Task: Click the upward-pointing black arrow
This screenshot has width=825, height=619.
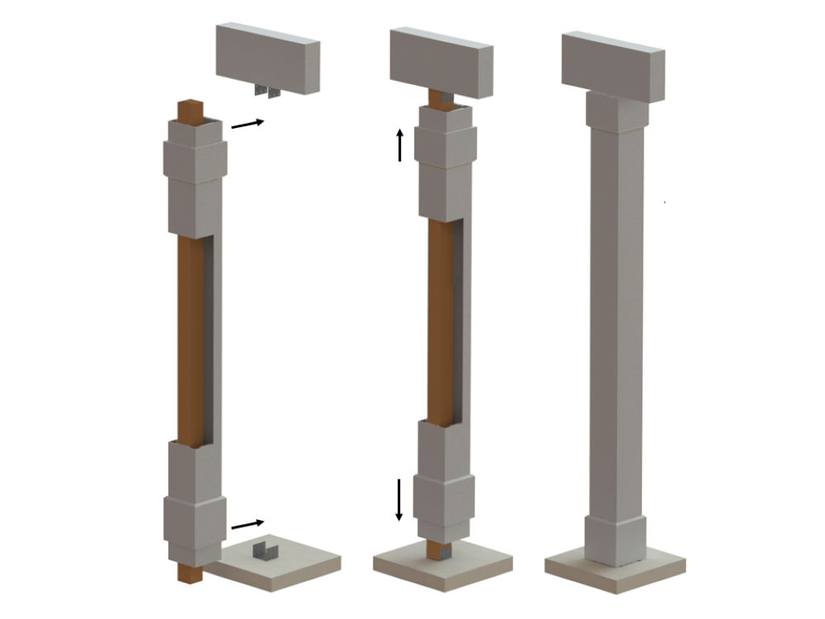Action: (x=400, y=144)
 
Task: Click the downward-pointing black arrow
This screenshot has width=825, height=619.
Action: (x=399, y=499)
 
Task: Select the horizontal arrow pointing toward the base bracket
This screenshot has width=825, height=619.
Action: (x=247, y=523)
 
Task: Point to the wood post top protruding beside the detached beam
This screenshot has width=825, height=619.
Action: (x=191, y=111)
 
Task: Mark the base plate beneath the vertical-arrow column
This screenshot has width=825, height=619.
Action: (x=442, y=568)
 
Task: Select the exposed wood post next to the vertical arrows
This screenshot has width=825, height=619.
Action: (x=441, y=322)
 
